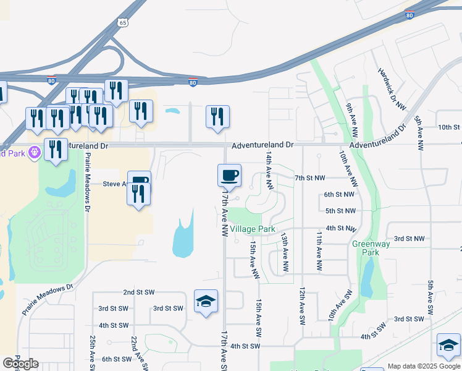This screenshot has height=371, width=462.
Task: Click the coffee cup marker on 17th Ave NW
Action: [229, 175]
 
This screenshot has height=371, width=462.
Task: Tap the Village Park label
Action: [253, 229]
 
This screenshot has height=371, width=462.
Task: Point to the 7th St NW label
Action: [309, 178]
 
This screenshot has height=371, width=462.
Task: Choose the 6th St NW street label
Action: [339, 194]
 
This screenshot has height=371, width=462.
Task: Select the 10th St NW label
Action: [449, 127]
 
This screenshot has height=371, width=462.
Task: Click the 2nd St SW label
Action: [138, 292]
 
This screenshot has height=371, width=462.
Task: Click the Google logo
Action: [21, 364]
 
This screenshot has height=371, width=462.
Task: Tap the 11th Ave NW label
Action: [319, 252]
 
